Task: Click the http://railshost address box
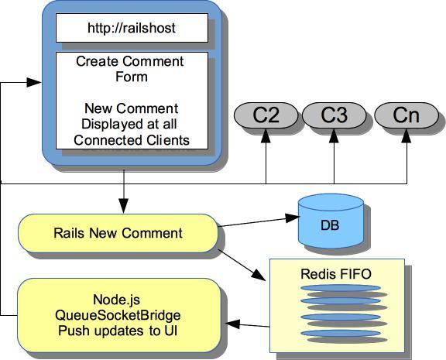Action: click(x=132, y=28)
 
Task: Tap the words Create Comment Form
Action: click(x=130, y=69)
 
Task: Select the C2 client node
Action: click(x=266, y=115)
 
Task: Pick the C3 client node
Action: click(x=334, y=115)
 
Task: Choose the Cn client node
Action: click(x=407, y=115)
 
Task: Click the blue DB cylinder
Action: click(x=331, y=222)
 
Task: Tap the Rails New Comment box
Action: click(x=118, y=233)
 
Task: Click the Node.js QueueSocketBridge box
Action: click(x=119, y=315)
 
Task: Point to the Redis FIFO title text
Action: click(x=336, y=274)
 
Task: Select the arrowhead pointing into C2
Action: click(x=266, y=135)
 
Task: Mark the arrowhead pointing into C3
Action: click(x=334, y=135)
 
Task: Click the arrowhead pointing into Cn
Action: click(x=407, y=135)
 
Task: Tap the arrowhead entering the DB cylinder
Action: click(x=293, y=218)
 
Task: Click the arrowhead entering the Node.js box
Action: click(x=232, y=324)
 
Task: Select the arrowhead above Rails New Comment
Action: click(x=124, y=206)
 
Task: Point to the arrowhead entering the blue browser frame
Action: click(x=34, y=83)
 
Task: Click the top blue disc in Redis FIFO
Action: click(x=341, y=288)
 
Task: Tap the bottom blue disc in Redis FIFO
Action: click(x=341, y=333)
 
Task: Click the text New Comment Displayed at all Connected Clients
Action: click(x=132, y=125)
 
